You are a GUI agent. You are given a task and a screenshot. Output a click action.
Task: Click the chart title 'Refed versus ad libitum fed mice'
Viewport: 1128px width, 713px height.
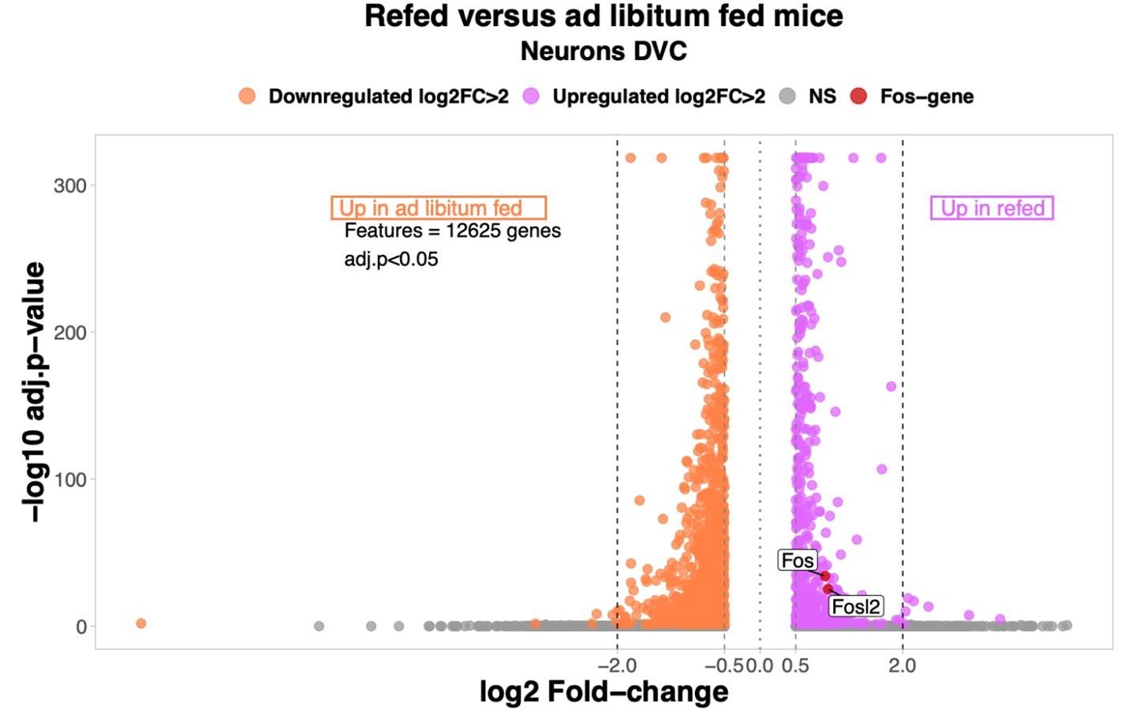[603, 17]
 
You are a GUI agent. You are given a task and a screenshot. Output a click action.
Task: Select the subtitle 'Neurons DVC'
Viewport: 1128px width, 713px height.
[603, 51]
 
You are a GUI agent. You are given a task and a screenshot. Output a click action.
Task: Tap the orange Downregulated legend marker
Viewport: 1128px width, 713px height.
[247, 96]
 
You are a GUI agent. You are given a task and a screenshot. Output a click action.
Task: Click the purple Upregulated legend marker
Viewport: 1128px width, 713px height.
[531, 96]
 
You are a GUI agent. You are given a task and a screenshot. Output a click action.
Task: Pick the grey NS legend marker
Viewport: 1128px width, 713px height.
[786, 96]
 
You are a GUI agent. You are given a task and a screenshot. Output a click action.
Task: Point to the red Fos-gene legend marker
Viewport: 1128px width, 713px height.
[858, 96]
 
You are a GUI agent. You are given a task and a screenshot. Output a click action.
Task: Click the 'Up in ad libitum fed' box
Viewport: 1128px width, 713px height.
[439, 208]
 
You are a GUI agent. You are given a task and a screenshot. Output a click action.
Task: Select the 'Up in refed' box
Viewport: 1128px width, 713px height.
[992, 208]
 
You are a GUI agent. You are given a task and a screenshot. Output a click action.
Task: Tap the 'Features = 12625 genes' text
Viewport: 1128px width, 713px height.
[453, 231]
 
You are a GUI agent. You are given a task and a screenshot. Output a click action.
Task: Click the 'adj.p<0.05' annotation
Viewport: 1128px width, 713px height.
[391, 259]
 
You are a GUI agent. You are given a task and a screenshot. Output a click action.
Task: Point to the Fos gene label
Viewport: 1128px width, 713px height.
[797, 561]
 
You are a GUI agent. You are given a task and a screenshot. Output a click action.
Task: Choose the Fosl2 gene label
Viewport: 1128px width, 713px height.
[856, 606]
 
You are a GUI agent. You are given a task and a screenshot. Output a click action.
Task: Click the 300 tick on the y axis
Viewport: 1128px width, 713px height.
[69, 186]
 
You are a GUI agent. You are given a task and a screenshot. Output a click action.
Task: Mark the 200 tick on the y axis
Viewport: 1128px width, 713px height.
[69, 332]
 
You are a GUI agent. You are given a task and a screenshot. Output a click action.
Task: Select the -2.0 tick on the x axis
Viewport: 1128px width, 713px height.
[617, 666]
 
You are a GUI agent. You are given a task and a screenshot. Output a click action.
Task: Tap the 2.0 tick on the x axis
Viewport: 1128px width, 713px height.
[902, 666]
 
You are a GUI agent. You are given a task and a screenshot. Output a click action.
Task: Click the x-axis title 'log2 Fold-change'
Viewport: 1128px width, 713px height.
[603, 692]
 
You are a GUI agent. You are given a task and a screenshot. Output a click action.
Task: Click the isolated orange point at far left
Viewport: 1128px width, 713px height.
[141, 624]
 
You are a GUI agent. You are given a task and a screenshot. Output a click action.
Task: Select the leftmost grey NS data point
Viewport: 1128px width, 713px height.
[319, 626]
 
